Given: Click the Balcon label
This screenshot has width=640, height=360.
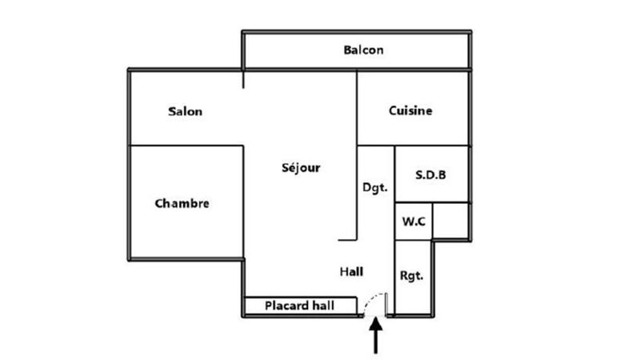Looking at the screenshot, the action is (363, 50).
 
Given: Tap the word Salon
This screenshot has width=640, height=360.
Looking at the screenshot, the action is (185, 111).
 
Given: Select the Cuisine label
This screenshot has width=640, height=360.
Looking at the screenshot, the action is (410, 110).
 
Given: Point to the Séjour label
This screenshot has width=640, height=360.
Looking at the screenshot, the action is (301, 167).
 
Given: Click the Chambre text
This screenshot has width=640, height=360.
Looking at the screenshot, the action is (182, 203).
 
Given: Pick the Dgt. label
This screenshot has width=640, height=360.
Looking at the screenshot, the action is (375, 188).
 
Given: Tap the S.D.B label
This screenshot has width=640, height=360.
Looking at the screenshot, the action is (430, 175).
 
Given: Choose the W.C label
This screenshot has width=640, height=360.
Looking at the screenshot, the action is (414, 222).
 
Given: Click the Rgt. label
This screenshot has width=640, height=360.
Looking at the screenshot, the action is (411, 276).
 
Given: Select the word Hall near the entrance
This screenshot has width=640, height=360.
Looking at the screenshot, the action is (351, 272).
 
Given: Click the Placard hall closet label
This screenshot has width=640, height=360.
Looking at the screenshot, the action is (299, 306).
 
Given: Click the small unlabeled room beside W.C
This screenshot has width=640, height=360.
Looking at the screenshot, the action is (450, 221).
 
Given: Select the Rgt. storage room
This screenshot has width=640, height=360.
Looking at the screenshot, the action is (413, 277).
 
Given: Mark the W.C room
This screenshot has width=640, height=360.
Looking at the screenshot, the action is (414, 222).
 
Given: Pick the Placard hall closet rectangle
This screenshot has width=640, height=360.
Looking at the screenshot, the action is (301, 306).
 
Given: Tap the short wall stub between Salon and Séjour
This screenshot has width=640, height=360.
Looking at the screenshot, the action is (243, 79).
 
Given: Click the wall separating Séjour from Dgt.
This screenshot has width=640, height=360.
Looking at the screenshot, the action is (357, 155).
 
